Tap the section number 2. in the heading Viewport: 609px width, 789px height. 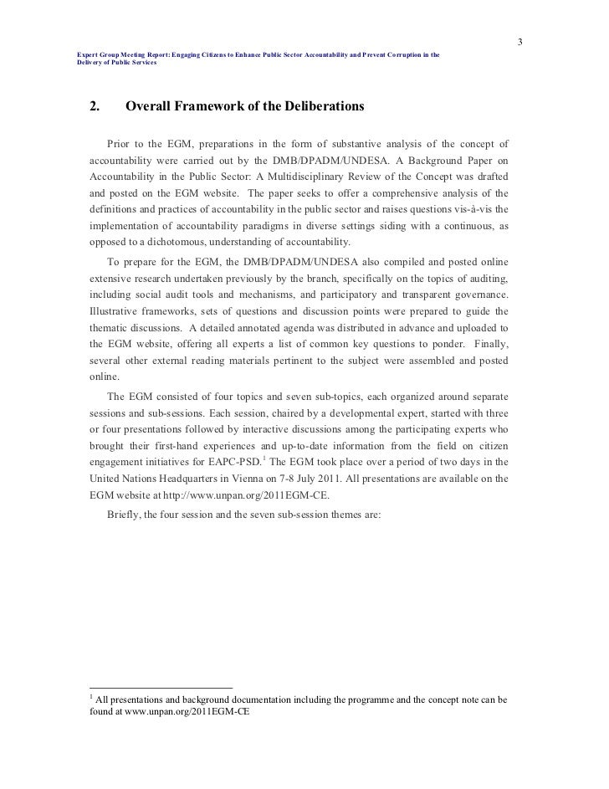(95, 107)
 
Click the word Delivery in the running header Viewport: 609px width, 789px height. (85, 64)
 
